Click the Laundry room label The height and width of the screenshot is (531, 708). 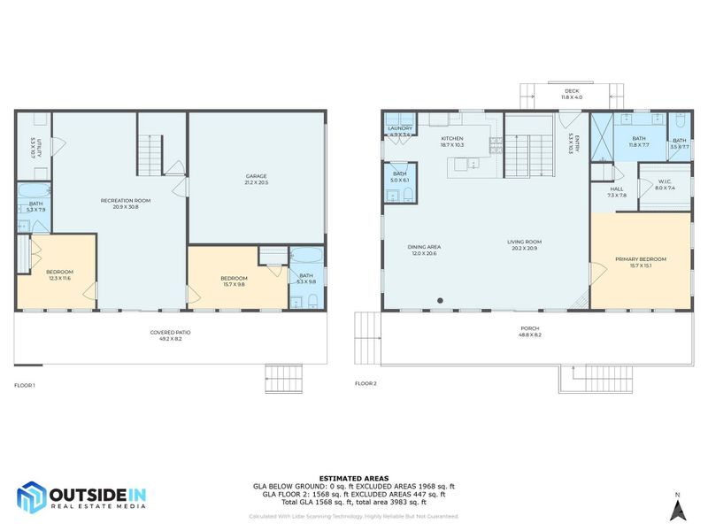[x=399, y=130]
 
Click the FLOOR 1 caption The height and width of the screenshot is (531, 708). [x=24, y=385]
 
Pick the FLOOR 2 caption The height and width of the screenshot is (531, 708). [x=366, y=383]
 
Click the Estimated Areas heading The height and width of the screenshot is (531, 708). [x=353, y=478]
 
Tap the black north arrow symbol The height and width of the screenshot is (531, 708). [x=677, y=510]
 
